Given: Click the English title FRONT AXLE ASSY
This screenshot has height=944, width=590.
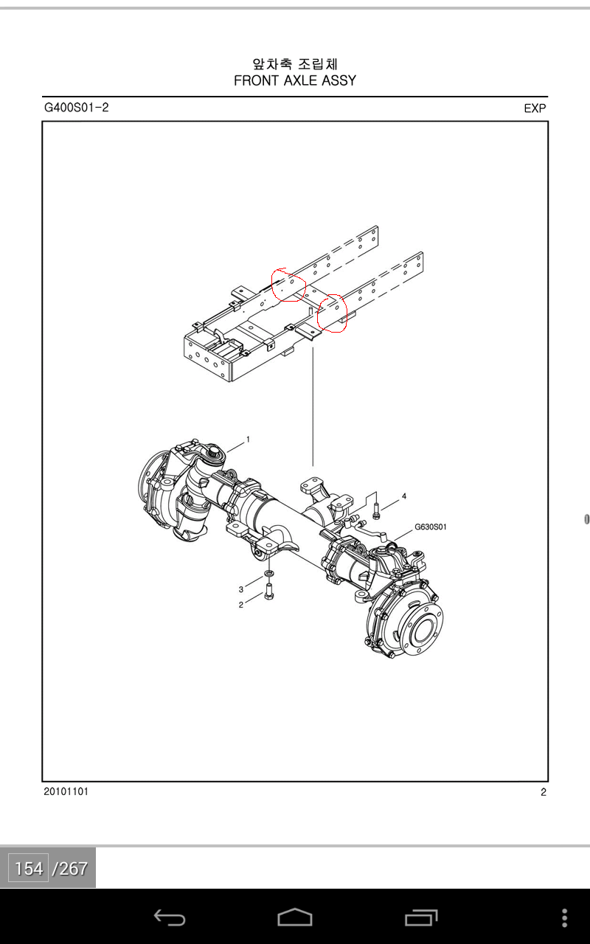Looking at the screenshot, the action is pos(295,80).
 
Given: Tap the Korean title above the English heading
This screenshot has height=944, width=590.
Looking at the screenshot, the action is pos(295,63).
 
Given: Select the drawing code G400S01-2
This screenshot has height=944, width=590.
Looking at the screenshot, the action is pos(76,108).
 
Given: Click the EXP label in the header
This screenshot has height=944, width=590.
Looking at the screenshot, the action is pos(535,108).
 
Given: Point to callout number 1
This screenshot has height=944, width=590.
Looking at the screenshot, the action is pos(249,440).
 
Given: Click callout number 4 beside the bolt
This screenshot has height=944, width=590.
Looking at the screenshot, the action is pos(404,496).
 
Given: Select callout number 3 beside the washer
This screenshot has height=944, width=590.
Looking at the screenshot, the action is pos(241,589).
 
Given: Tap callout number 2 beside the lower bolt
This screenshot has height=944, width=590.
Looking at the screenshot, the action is pos(241,605).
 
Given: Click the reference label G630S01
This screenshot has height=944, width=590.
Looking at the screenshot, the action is pos(430,527).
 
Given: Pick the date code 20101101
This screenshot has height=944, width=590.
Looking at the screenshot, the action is pos(66,791).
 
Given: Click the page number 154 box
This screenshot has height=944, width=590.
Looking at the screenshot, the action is pos(29,869).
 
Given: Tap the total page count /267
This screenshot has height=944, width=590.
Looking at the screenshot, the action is pos(70,869).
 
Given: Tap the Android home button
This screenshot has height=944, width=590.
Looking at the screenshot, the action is pos(295,917).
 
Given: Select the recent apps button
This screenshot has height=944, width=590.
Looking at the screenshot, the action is pos(421,917).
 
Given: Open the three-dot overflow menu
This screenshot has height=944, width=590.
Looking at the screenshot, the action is pos(565,917).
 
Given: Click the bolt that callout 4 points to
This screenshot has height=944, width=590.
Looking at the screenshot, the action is pos(376,511).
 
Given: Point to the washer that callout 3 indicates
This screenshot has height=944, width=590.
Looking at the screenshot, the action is pos(268,573).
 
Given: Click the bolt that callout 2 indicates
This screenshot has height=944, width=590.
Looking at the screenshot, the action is pos(269,591).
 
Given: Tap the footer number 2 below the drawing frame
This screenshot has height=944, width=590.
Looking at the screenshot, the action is pos(544,792).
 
